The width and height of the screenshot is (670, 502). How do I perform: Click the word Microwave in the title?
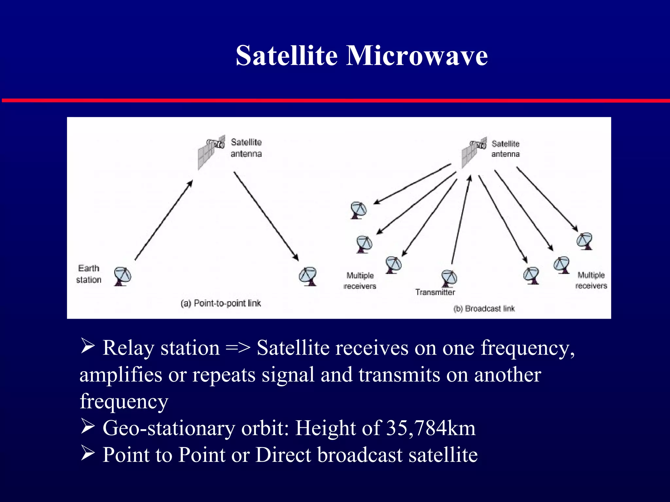[x=417, y=56]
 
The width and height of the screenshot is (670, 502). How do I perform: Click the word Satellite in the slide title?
[x=287, y=56]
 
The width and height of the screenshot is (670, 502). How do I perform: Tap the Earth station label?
[x=89, y=274]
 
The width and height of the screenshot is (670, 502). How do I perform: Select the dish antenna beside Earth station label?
[x=122, y=276]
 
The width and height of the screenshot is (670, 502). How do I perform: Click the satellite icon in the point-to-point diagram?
[x=211, y=151]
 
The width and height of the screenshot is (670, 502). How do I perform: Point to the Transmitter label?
[x=435, y=292]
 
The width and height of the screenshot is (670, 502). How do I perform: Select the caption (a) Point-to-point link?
[x=221, y=303]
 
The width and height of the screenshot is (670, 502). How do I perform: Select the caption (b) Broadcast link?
[x=484, y=309]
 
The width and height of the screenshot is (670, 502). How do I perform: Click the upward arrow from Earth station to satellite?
[x=164, y=221]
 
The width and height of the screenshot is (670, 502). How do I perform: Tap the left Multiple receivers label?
[x=360, y=281]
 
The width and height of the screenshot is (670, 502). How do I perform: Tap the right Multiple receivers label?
[x=591, y=280]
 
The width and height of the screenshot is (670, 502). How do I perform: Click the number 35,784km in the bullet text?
[x=431, y=428]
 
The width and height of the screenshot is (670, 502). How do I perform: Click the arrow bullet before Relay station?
[x=87, y=346]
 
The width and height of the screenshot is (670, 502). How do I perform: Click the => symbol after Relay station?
[x=238, y=348]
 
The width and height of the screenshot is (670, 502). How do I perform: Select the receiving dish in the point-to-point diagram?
[x=308, y=276]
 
